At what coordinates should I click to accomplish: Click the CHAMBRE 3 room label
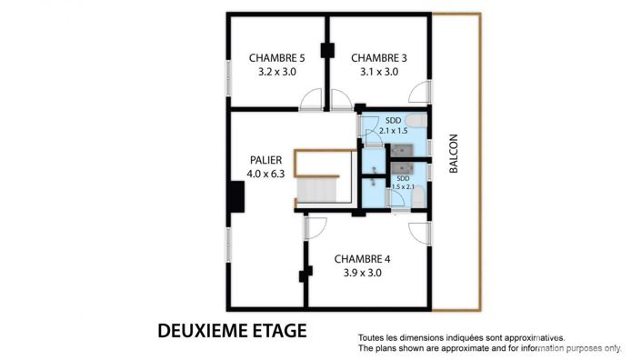click(x=378, y=57)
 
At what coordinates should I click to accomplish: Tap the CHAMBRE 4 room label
click(x=362, y=257)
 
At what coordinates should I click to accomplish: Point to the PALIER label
click(x=265, y=160)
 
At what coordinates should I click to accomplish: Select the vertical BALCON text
click(x=453, y=154)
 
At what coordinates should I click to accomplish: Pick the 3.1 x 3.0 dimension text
click(x=378, y=72)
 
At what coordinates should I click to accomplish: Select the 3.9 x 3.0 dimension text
click(x=362, y=272)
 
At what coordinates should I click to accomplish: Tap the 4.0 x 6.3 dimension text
click(x=265, y=174)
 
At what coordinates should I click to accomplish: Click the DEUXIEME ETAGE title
click(x=232, y=329)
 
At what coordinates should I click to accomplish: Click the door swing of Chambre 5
click(x=311, y=99)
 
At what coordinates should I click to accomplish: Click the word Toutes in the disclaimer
click(x=373, y=336)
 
